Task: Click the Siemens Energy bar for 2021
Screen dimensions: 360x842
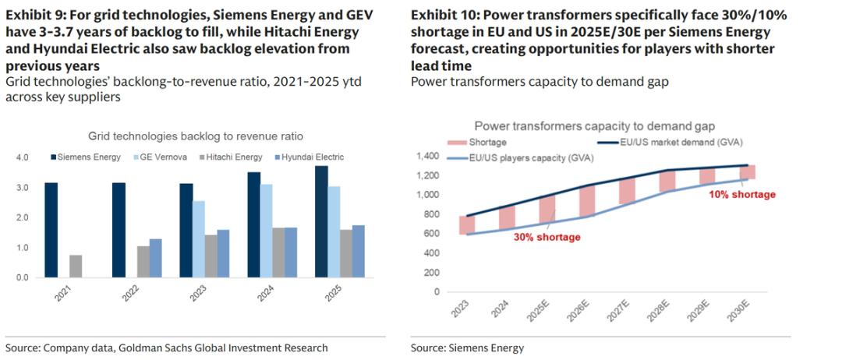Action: [x=51, y=230]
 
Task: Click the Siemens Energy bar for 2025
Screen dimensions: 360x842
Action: [x=321, y=222]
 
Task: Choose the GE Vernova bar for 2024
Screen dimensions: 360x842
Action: [x=267, y=231]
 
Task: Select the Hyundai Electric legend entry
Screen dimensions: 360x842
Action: [x=312, y=157]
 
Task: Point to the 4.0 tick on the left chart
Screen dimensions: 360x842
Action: [x=22, y=157]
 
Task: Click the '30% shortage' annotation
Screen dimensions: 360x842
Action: [x=547, y=237]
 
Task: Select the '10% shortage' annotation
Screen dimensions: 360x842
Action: [x=741, y=194]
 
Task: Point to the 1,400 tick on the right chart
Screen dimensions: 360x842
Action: [x=428, y=157]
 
